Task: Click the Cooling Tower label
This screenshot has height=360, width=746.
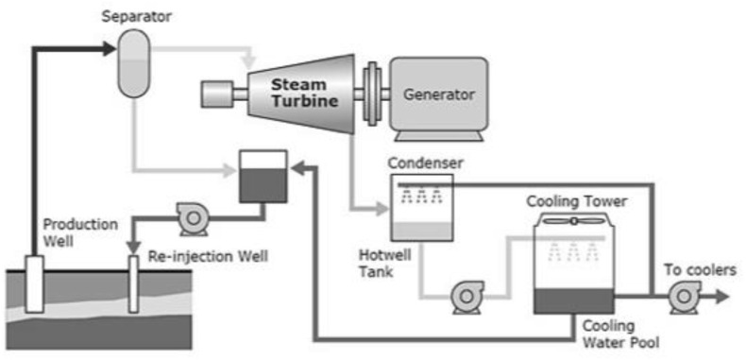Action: pyautogui.click(x=576, y=200)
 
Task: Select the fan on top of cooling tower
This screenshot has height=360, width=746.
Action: pyautogui.click(x=573, y=220)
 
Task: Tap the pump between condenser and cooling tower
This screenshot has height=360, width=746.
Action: pyautogui.click(x=466, y=297)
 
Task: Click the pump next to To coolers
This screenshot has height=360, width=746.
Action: pyautogui.click(x=682, y=297)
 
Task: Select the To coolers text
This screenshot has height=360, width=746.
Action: pyautogui.click(x=700, y=270)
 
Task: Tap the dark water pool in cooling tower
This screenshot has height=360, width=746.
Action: pyautogui.click(x=573, y=300)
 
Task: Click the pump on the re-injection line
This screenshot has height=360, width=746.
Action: pyautogui.click(x=194, y=219)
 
